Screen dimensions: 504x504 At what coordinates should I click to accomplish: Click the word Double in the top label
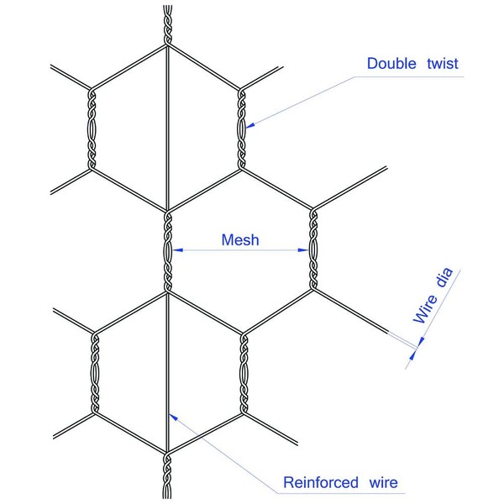[391, 64]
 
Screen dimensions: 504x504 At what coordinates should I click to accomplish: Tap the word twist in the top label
[441, 64]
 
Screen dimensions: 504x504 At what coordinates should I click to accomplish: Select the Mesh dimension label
[239, 239]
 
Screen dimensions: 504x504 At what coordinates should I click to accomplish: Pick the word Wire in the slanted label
[424, 308]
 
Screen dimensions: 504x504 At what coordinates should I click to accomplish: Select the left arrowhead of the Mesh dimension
[179, 249]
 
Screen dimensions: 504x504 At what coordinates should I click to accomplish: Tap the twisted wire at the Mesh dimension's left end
[169, 249]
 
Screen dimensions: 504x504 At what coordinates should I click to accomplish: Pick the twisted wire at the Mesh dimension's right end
[314, 249]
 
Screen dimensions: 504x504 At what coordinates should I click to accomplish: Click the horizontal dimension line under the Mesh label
[239, 249]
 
